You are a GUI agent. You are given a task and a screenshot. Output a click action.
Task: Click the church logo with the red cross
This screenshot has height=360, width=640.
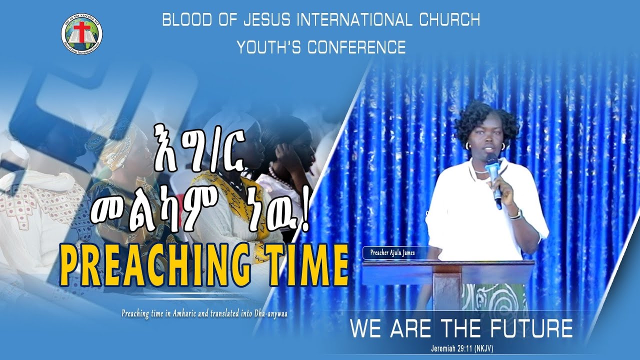click(x=81, y=33)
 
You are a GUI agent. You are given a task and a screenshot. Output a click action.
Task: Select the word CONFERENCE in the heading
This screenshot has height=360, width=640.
click(x=356, y=47)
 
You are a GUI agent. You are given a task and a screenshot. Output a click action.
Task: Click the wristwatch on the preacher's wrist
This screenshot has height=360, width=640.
click(x=515, y=214)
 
